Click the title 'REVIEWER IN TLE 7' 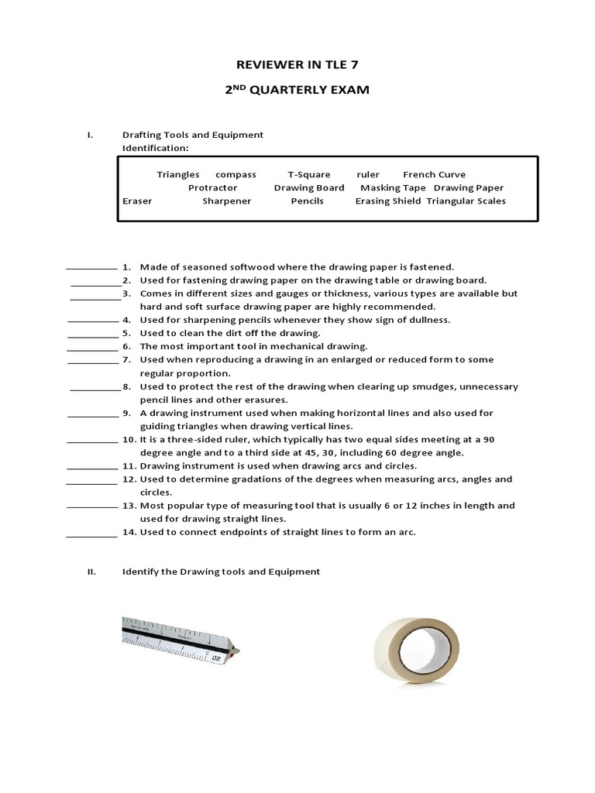pyautogui.click(x=297, y=64)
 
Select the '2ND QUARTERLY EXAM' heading pyautogui.click(x=297, y=91)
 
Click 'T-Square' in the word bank pyautogui.click(x=308, y=174)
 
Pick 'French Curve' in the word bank pyautogui.click(x=434, y=174)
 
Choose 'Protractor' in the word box pyautogui.click(x=212, y=187)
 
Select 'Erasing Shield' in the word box pyautogui.click(x=387, y=201)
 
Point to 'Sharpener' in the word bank pyautogui.click(x=226, y=201)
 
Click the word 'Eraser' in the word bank pyautogui.click(x=137, y=201)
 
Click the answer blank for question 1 pyautogui.click(x=91, y=267)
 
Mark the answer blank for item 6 pyautogui.click(x=91, y=347)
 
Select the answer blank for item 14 pyautogui.click(x=91, y=534)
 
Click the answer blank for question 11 pyautogui.click(x=91, y=467)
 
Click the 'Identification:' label pyautogui.click(x=155, y=147)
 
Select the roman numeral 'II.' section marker pyautogui.click(x=91, y=572)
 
